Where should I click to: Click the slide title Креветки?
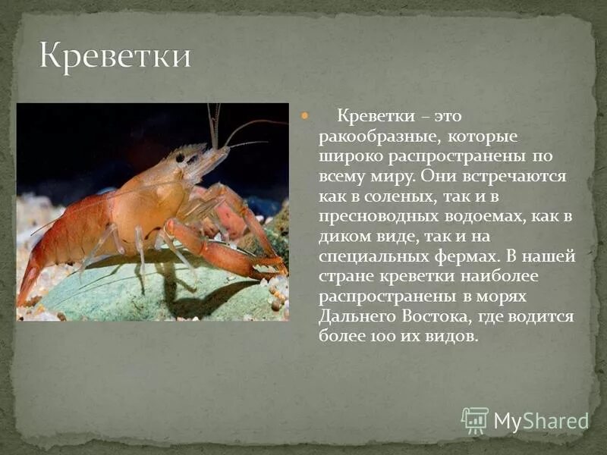point(115,57)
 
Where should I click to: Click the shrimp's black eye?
point(181,158)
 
